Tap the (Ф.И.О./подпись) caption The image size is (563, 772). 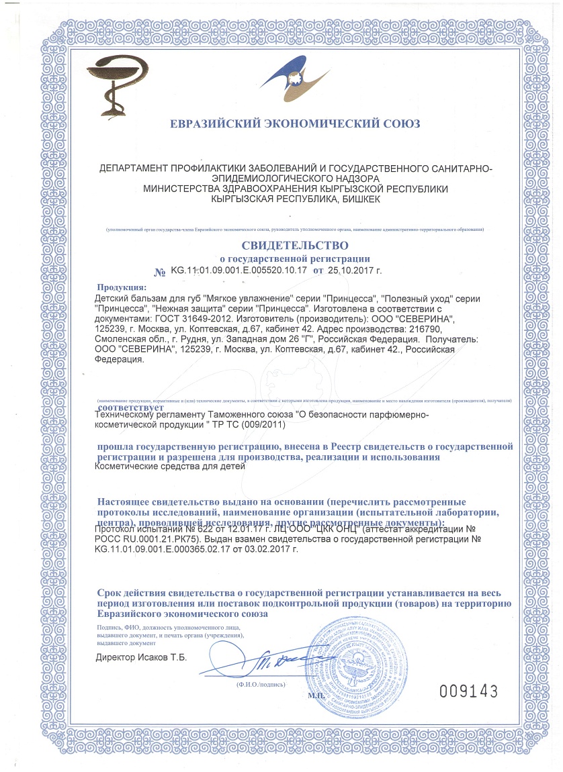[x=260, y=685]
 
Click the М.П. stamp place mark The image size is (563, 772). [x=316, y=696]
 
